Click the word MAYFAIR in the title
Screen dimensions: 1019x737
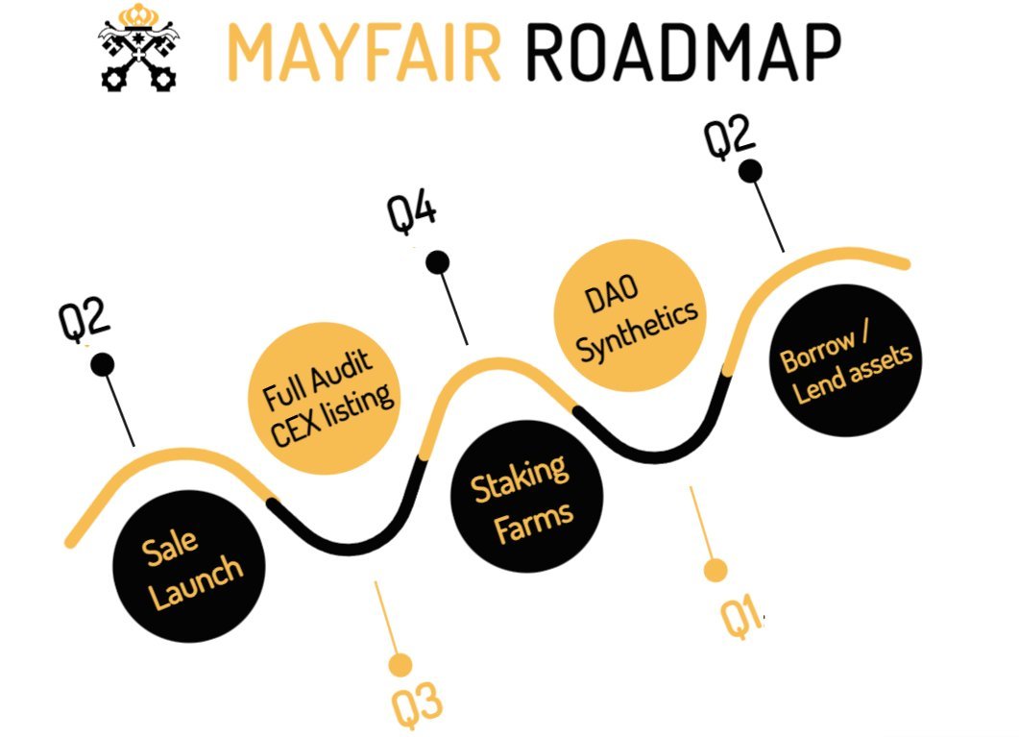click(x=366, y=53)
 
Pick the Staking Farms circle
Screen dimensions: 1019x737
click(x=526, y=494)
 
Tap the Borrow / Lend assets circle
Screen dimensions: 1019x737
click(x=846, y=360)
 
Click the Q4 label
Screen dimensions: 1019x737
click(x=412, y=212)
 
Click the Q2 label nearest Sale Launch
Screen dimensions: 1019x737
click(x=85, y=321)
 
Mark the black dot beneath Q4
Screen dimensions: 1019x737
click(x=437, y=261)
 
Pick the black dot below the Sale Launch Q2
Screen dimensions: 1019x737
click(x=102, y=365)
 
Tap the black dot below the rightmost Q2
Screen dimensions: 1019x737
click(x=750, y=171)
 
